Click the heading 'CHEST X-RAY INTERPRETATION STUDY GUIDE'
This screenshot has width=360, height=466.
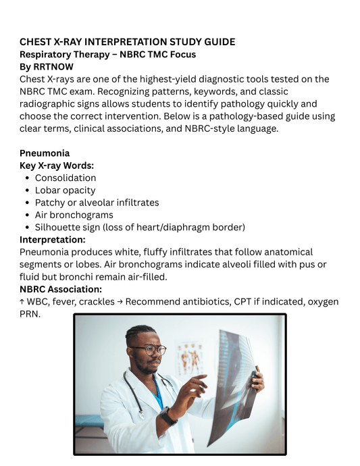127,42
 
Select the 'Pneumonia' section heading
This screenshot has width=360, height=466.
45,153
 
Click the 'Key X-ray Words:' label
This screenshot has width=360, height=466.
57,165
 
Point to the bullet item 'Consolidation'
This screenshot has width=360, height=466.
66,178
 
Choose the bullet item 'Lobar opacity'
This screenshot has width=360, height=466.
65,190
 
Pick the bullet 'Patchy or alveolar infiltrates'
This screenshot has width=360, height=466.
97,203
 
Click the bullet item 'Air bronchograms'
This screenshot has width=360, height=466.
74,215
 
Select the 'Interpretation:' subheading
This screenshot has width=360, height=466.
53,239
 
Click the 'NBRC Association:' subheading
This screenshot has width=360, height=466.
61,289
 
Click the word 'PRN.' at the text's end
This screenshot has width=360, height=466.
30,313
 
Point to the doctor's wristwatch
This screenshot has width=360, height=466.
167,415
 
